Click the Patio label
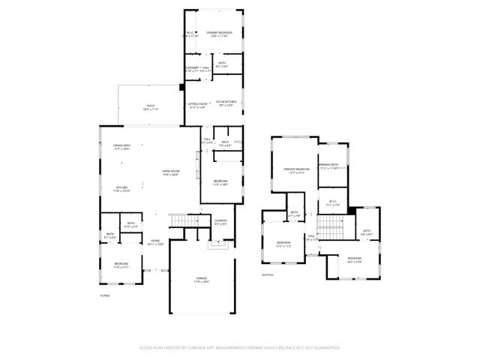pos(150,109)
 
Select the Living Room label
pos(170,173)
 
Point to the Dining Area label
pos(122,147)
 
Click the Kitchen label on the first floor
pos(122,189)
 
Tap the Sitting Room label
pos(197,106)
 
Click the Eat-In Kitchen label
pos(226,103)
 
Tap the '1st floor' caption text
pos(105,296)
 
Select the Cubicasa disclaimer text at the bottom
pos(240,348)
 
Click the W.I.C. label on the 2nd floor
pos(334,202)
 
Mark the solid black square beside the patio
pos(181,87)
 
